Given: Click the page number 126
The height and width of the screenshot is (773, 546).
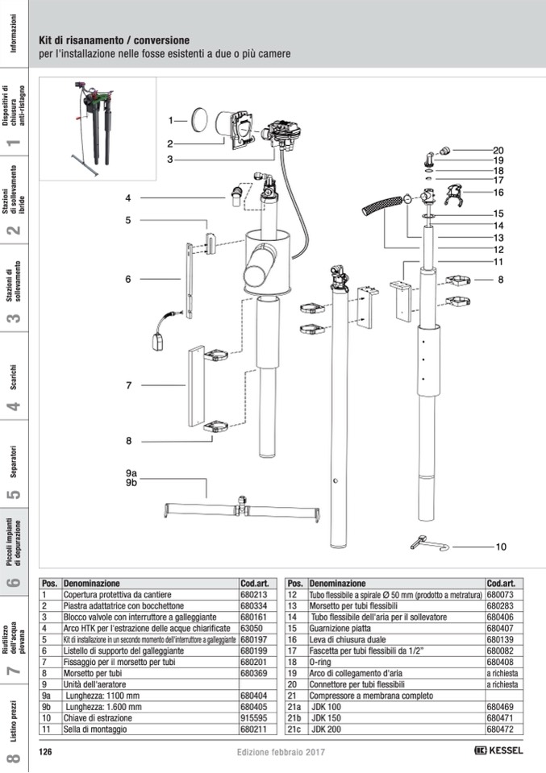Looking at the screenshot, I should [x=46, y=750].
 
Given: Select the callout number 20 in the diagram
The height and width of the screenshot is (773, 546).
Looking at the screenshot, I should [x=498, y=150].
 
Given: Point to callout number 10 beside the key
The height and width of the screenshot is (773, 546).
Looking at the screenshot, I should [x=501, y=547].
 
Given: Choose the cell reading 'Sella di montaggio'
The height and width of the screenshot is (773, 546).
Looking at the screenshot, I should [x=97, y=729].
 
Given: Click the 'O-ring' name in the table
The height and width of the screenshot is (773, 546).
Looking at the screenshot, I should [x=322, y=661].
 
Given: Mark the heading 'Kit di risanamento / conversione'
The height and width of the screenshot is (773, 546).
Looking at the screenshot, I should [x=115, y=39].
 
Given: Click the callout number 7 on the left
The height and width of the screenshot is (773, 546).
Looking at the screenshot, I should [x=128, y=385].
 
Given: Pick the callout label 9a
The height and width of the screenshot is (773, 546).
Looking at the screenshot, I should [x=131, y=472].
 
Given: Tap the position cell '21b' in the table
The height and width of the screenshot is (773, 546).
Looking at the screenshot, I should [x=294, y=717].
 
